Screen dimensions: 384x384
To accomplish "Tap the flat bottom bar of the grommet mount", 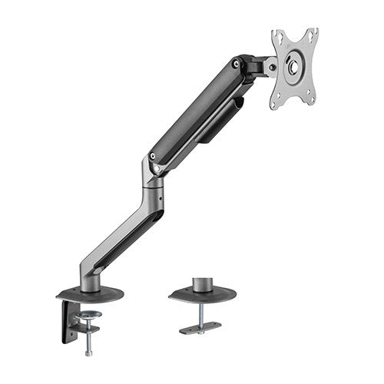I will coord(200,328).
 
